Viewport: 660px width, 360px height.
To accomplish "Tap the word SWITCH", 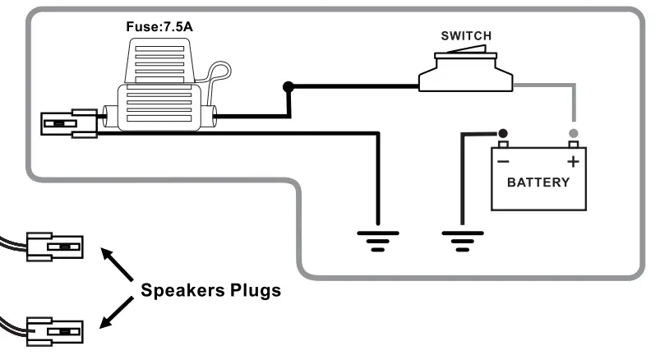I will click(466, 35).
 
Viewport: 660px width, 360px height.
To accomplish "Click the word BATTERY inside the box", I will click(538, 182).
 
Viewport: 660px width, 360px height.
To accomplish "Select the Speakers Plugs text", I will click(210, 290).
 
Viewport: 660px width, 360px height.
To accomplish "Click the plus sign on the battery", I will click(573, 162).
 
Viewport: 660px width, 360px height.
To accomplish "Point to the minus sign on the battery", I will click(502, 162).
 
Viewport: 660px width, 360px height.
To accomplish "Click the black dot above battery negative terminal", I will click(502, 133).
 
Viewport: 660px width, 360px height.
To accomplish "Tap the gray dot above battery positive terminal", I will click(573, 133).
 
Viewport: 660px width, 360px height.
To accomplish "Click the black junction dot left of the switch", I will click(288, 86).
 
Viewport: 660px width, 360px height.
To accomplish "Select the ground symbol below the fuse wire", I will click(377, 239).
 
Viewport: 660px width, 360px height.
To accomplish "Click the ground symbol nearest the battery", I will click(462, 239).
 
